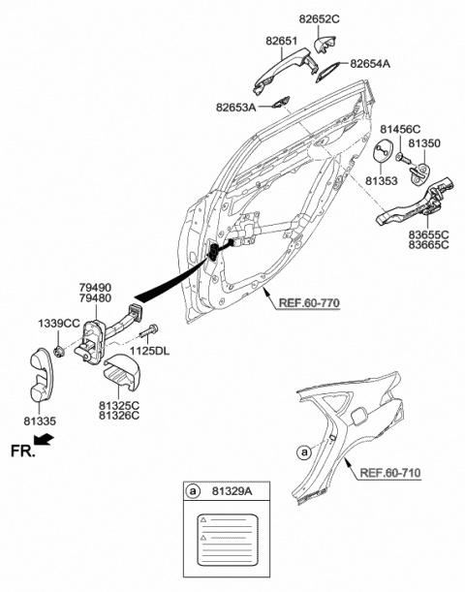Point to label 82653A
[x=236, y=108]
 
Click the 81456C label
[x=400, y=128]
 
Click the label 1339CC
[x=57, y=322]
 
